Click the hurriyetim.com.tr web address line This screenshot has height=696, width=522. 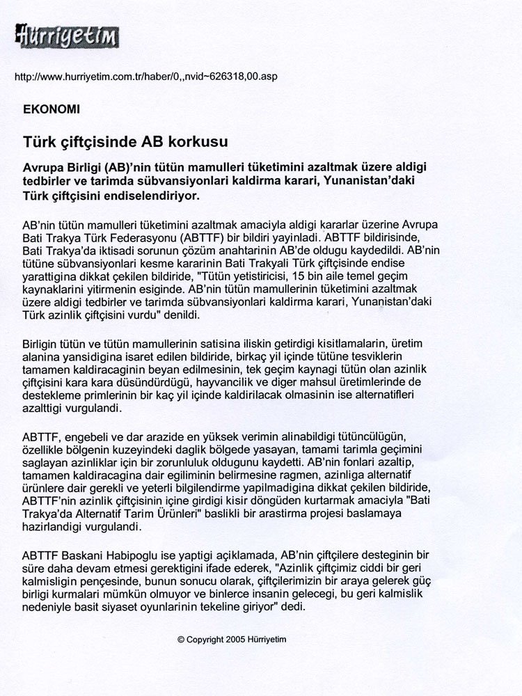tap(145, 77)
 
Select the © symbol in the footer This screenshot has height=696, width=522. tap(181, 640)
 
